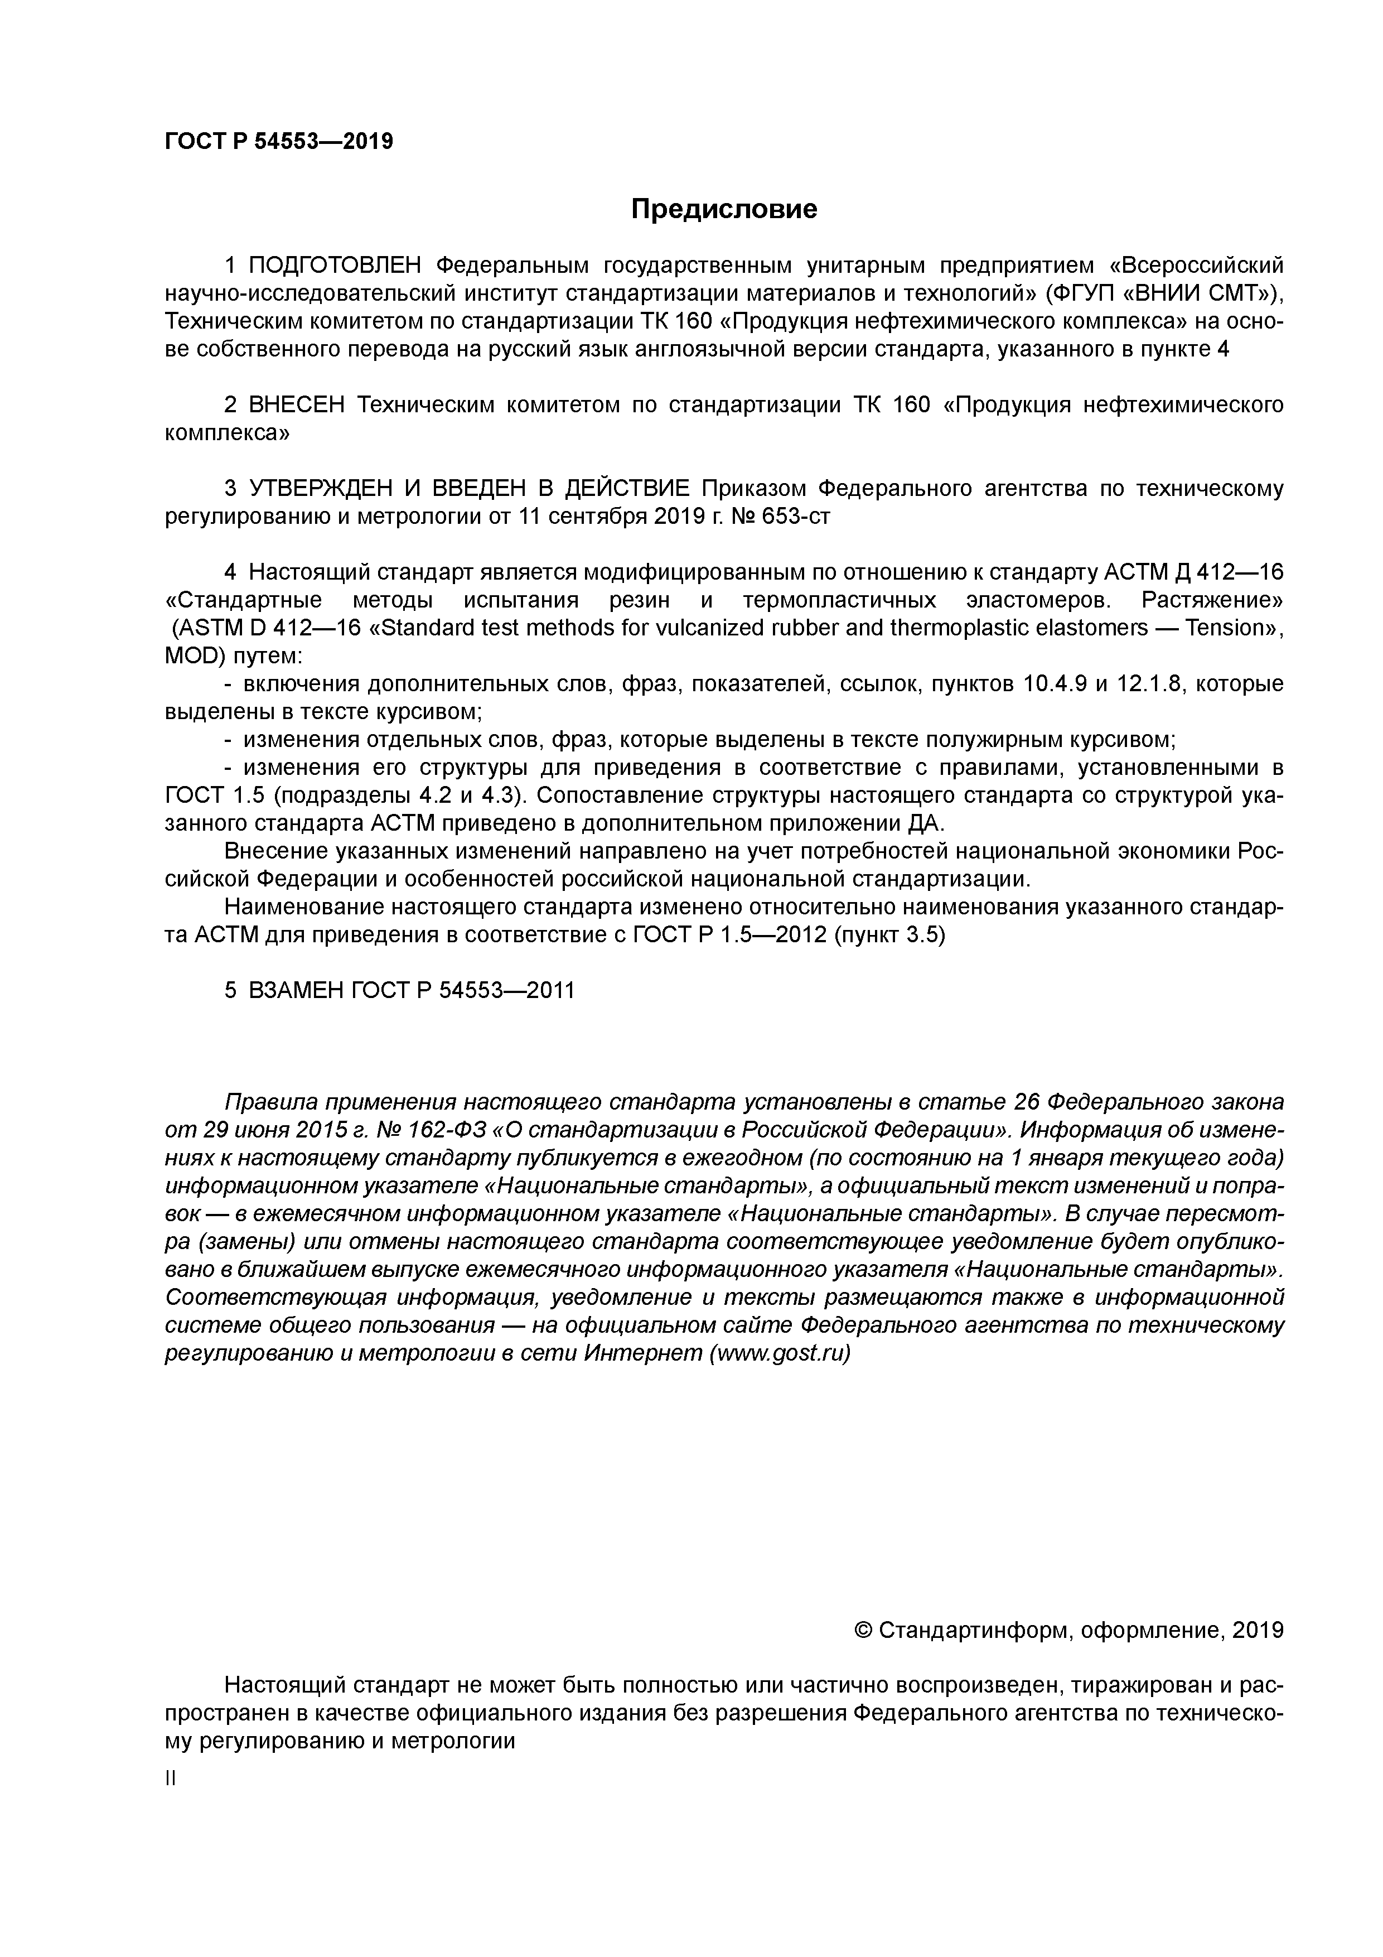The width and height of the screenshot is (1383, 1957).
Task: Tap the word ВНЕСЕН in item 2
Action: click(x=297, y=405)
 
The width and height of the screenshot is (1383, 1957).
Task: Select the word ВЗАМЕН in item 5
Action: click(x=294, y=990)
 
